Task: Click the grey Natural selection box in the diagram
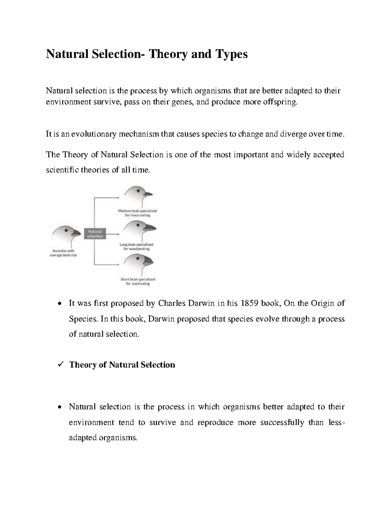[x=95, y=234]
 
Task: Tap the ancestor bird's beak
[x=76, y=232]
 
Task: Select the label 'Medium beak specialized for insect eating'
[x=137, y=213]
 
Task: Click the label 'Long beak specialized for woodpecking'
[x=137, y=247]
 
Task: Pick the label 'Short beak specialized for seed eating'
[x=138, y=282]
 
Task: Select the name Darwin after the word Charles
[x=200, y=303]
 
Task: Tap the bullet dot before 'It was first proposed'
[x=59, y=304]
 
